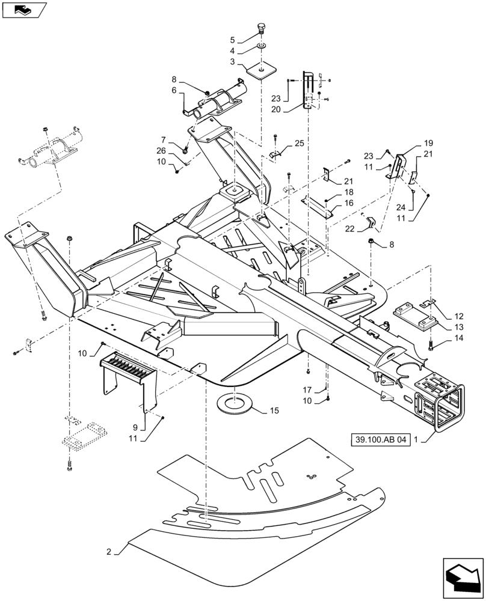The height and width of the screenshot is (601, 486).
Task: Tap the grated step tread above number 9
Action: (127, 367)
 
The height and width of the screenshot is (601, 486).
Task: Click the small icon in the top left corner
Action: (23, 9)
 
